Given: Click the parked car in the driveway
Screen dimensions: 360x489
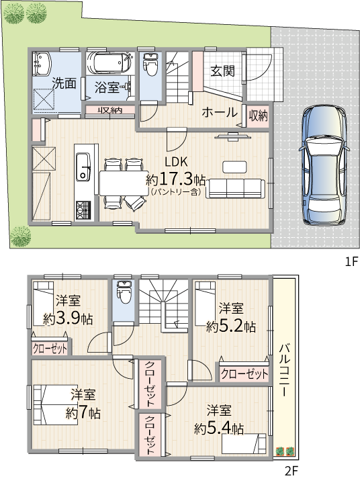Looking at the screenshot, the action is pyautogui.click(x=325, y=165).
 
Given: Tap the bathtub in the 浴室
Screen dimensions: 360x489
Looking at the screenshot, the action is pyautogui.click(x=110, y=62).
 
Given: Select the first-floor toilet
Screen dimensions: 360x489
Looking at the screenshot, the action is pyautogui.click(x=151, y=64).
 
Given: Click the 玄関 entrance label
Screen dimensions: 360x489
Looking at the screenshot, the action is pyautogui.click(x=222, y=71).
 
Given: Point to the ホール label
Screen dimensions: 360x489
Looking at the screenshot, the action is pyautogui.click(x=220, y=112).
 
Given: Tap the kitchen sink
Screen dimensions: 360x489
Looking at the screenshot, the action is pyautogui.click(x=83, y=167).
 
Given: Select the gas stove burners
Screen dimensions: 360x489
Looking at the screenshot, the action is pyautogui.click(x=83, y=210).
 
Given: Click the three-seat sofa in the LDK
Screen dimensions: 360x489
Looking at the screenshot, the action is pyautogui.click(x=235, y=188).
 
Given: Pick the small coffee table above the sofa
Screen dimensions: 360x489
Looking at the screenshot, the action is pyautogui.click(x=234, y=166).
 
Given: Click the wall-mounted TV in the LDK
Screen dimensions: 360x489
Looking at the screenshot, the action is pyautogui.click(x=232, y=136).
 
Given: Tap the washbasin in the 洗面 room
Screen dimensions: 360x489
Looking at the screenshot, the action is pyautogui.click(x=42, y=64).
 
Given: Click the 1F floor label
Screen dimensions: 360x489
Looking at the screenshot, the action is pyautogui.click(x=351, y=261).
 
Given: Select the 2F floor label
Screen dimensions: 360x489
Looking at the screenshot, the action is pyautogui.click(x=291, y=471).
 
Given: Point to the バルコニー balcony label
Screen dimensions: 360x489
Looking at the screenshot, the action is pyautogui.click(x=284, y=370).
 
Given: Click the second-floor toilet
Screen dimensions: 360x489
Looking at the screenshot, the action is pyautogui.click(x=124, y=292).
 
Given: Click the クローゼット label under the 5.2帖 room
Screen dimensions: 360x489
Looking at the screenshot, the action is pyautogui.click(x=244, y=373).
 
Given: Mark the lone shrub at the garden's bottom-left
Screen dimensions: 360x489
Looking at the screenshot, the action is pyautogui.click(x=21, y=236).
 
